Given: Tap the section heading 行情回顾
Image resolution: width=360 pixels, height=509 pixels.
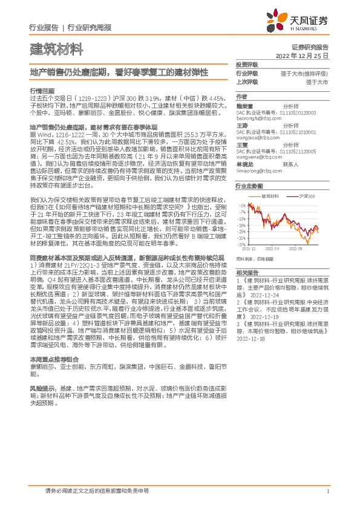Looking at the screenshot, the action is [x=42, y=89].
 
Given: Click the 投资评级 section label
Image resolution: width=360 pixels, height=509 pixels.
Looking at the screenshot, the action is [x=247, y=64].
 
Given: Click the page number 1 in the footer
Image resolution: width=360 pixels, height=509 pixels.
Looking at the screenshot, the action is [x=327, y=491].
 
